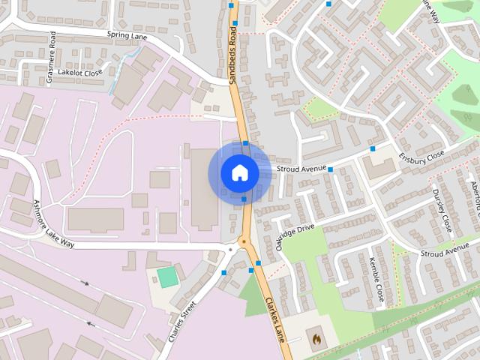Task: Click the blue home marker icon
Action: [239, 173]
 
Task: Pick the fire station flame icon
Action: [316, 340]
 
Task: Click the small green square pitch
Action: [168, 276]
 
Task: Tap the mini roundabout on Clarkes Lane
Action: [243, 241]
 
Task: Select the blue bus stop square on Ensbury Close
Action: [373, 149]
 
